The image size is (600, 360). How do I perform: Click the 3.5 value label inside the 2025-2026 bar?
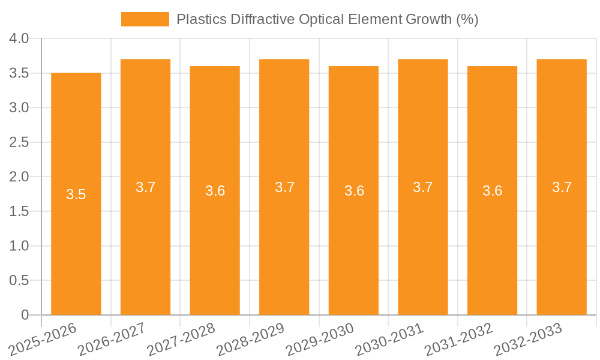(76, 194)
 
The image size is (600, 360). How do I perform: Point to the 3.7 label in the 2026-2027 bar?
(146, 187)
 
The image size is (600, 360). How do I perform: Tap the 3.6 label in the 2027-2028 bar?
(215, 191)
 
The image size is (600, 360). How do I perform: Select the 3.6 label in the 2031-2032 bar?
(493, 191)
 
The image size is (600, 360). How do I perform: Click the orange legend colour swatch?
(145, 19)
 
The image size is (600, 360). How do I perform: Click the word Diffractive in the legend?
(262, 19)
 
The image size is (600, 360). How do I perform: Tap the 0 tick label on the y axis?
(25, 315)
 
